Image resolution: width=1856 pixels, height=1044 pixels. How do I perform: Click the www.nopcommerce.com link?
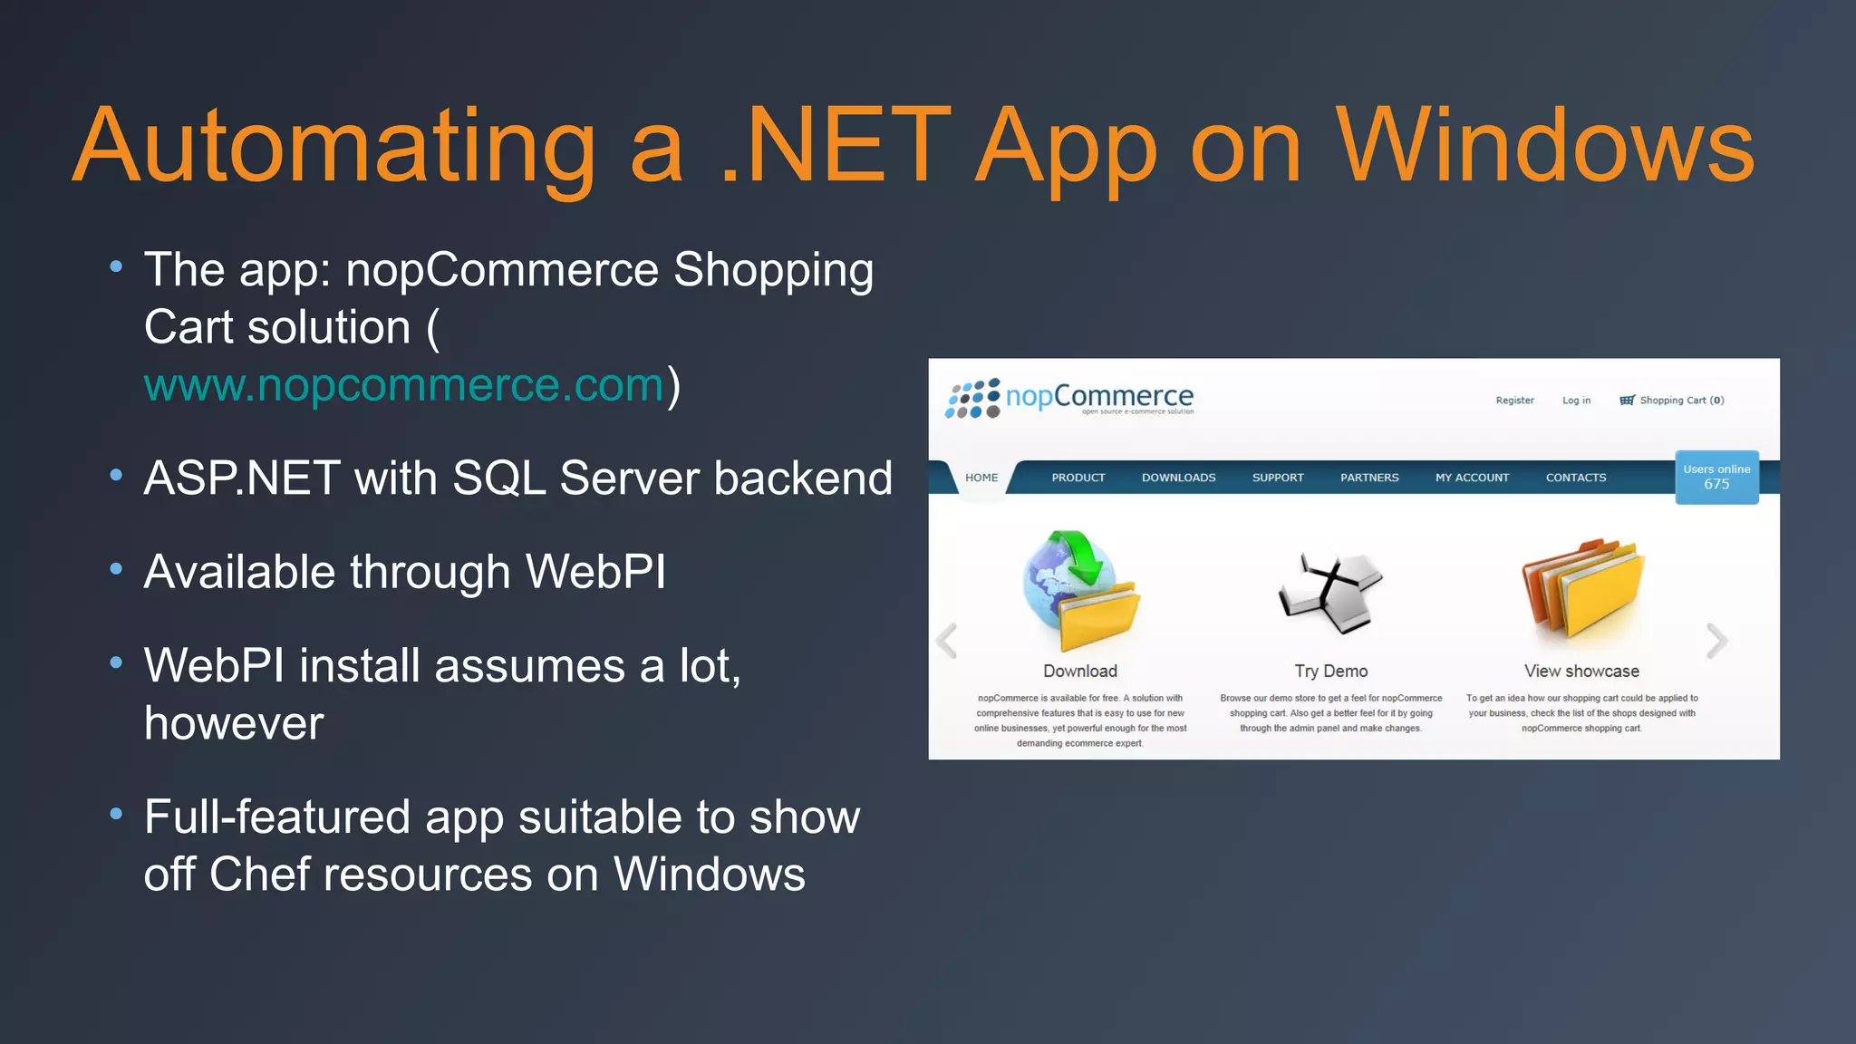(404, 386)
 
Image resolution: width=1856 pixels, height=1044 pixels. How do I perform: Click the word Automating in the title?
(333, 147)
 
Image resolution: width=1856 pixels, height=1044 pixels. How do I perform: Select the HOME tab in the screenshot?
(981, 478)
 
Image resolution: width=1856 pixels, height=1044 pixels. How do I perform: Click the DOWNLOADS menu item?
(1178, 478)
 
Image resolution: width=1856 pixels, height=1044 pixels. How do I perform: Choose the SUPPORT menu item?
(1278, 478)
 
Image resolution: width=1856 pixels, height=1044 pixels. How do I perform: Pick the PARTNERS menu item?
(1369, 478)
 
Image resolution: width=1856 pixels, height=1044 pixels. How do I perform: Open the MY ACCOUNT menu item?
(1472, 478)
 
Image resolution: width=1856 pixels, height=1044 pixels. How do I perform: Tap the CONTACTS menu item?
(1576, 478)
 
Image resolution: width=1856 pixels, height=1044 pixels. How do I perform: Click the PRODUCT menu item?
(1078, 478)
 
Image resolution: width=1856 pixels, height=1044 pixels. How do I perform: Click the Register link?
(1514, 401)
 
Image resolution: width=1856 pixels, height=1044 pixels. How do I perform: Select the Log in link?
(1576, 401)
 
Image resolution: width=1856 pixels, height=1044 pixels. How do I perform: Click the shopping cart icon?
(1627, 401)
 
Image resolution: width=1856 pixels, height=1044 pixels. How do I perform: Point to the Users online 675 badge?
(1716, 477)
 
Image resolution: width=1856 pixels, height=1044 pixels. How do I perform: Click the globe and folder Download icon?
(1080, 591)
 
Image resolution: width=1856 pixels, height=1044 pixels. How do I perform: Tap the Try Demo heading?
(1330, 672)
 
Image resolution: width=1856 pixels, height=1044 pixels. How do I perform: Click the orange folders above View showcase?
(1582, 594)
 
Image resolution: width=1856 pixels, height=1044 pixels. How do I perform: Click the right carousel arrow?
(1716, 641)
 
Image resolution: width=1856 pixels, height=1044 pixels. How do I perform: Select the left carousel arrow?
(947, 641)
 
